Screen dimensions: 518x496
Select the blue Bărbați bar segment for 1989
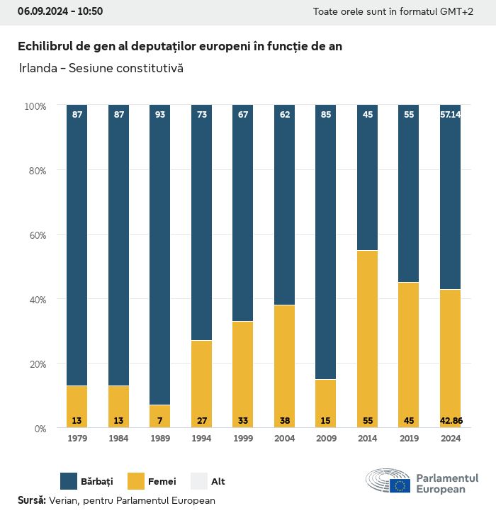pyautogui.click(x=160, y=255)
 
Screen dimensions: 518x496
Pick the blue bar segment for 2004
pyautogui.click(x=284, y=205)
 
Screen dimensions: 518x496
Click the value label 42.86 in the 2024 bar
pyautogui.click(x=451, y=421)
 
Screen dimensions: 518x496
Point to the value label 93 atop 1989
pyautogui.click(x=160, y=114)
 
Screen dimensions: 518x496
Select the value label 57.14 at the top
pyautogui.click(x=451, y=114)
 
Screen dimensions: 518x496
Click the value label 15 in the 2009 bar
pyautogui.click(x=326, y=421)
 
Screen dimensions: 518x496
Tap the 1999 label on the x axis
pyautogui.click(x=243, y=439)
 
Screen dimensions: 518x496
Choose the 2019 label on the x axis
pyautogui.click(x=409, y=439)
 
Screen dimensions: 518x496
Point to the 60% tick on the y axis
pyautogui.click(x=35, y=235)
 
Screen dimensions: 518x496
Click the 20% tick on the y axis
pyautogui.click(x=35, y=364)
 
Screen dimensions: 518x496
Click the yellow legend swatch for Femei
pyautogui.click(x=135, y=481)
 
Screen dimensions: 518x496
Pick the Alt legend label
pyautogui.click(x=218, y=482)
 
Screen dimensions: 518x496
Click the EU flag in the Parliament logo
pyautogui.click(x=400, y=485)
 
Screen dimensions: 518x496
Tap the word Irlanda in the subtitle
pyautogui.click(x=37, y=69)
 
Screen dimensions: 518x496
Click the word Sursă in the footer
pyautogui.click(x=31, y=500)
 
